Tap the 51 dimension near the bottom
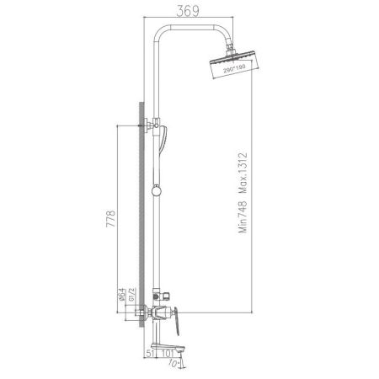click(147, 355)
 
